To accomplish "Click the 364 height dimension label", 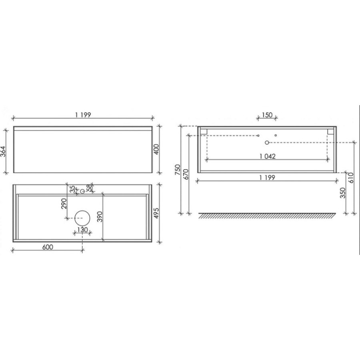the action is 3,151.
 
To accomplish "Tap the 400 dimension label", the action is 156,149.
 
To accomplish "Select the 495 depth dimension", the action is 156,213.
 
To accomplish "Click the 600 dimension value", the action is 48,247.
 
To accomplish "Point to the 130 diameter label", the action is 82,230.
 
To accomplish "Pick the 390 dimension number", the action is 100,216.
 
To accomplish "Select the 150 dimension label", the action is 267,115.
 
